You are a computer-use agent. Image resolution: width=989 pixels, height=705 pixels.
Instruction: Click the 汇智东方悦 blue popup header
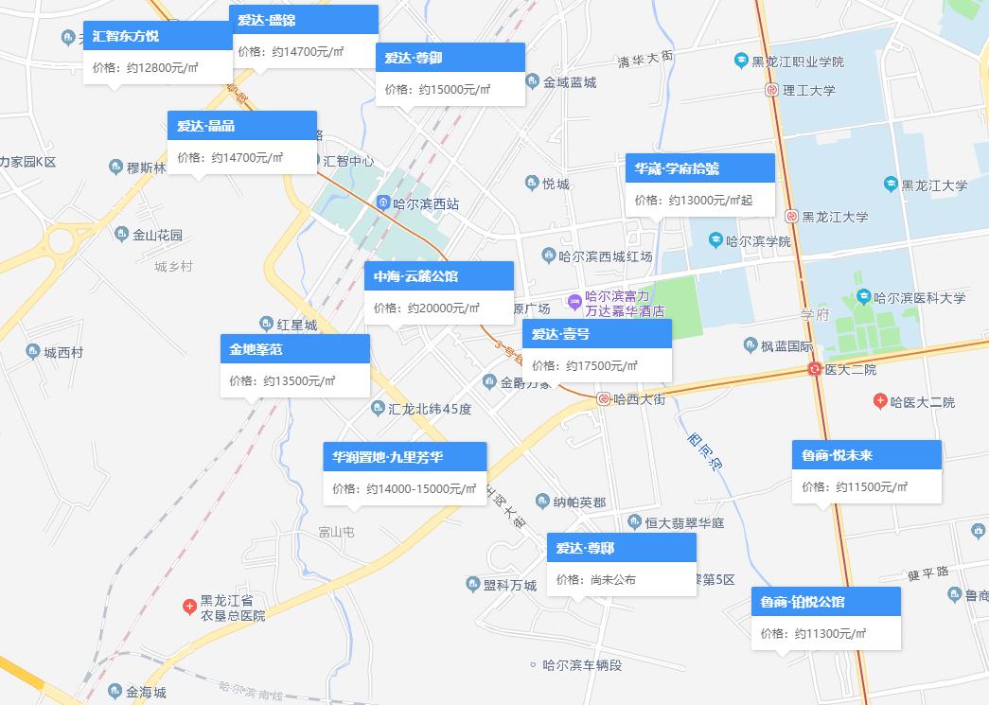coord(157,36)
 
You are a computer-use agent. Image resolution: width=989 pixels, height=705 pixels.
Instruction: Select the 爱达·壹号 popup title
coord(596,334)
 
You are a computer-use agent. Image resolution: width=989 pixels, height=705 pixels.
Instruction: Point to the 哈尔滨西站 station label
coord(426,203)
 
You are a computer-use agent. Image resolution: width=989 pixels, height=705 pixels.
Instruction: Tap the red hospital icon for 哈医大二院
coord(880,402)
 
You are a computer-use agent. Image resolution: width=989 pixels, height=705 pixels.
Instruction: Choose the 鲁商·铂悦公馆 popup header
coord(825,602)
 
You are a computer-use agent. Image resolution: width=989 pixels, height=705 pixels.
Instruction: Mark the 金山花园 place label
coord(157,235)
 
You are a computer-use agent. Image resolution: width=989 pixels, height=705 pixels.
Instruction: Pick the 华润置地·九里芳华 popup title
coord(404,457)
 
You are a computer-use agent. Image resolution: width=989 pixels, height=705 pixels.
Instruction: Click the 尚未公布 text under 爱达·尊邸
coord(612,579)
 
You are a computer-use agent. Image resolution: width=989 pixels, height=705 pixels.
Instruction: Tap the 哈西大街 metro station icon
coord(603,399)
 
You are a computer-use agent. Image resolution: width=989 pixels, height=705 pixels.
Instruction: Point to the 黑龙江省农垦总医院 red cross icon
coord(189,602)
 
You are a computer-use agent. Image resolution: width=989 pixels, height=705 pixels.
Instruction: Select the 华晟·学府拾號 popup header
coord(699,168)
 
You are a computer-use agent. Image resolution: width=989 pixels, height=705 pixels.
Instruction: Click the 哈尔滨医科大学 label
coord(919,297)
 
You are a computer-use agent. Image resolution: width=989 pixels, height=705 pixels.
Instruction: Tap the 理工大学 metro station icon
coord(772,91)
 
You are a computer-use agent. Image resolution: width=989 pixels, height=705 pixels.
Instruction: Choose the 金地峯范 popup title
coord(294,349)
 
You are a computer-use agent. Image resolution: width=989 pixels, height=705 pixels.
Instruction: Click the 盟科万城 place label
coord(509,584)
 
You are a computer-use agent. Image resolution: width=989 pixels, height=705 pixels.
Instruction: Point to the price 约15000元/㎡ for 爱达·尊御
coord(453,89)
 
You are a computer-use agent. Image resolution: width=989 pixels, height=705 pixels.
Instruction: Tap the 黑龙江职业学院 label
coord(797,62)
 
